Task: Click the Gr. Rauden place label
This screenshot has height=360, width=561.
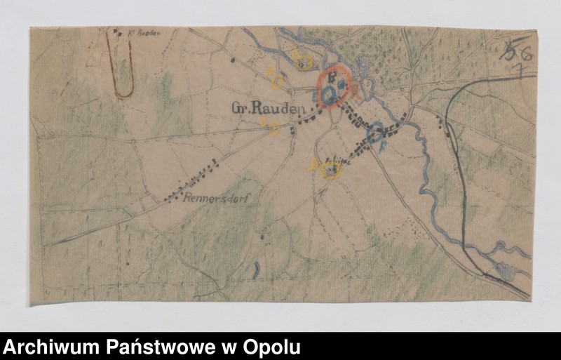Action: [x=269, y=109]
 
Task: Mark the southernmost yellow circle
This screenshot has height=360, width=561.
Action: [x=330, y=169]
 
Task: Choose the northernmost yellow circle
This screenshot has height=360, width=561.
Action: [x=304, y=63]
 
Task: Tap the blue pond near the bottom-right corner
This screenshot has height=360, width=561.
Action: [x=505, y=270]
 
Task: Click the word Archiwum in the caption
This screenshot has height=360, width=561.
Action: [x=51, y=347]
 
